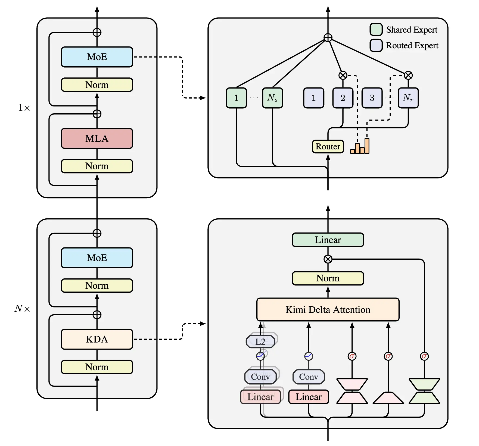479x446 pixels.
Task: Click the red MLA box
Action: (x=97, y=139)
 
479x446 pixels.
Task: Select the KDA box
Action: (x=97, y=339)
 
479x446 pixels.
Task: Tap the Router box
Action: (x=328, y=147)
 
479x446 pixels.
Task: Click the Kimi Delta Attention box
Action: (x=328, y=310)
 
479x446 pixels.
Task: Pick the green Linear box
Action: (x=328, y=240)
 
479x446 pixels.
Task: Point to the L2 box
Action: (x=260, y=342)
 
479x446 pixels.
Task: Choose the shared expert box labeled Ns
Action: (x=272, y=98)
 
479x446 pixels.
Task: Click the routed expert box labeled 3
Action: (x=372, y=98)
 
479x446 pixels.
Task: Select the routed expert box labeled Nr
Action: (x=408, y=98)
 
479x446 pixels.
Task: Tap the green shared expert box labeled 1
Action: (x=236, y=98)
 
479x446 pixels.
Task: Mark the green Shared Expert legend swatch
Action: (x=376, y=29)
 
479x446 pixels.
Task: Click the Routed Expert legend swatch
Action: (x=376, y=45)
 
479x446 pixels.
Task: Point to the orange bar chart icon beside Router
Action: (x=360, y=147)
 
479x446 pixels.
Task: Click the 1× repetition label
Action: (x=24, y=108)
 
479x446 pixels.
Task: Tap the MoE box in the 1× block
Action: (x=97, y=57)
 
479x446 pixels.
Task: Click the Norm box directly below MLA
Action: (x=97, y=166)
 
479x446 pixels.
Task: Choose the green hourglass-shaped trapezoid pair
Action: (x=424, y=391)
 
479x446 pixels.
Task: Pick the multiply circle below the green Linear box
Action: (x=328, y=259)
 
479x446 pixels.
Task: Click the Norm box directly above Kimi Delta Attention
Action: (x=328, y=278)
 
